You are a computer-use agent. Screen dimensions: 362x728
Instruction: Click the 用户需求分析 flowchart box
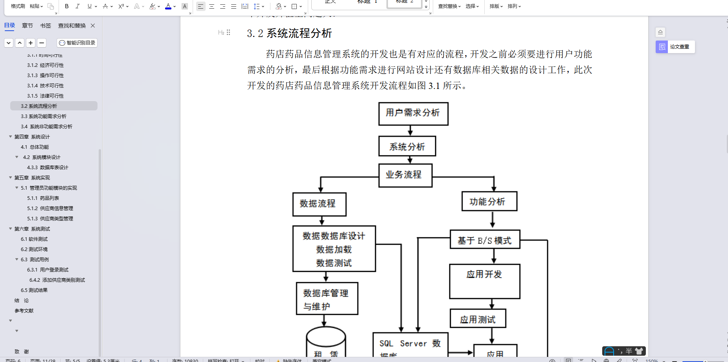pyautogui.click(x=413, y=114)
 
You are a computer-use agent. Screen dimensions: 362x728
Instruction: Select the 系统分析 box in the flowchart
pyautogui.click(x=407, y=146)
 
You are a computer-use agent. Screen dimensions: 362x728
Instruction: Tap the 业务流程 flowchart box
pyautogui.click(x=405, y=175)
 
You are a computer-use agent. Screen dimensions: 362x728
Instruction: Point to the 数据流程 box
pyautogui.click(x=319, y=204)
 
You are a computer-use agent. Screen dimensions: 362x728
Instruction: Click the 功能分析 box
pyautogui.click(x=489, y=201)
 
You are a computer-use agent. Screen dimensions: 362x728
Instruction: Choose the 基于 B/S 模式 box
pyautogui.click(x=485, y=240)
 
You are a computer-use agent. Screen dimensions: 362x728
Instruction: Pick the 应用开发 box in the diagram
pyautogui.click(x=485, y=281)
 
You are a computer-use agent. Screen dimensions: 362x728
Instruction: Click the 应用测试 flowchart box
pyautogui.click(x=478, y=319)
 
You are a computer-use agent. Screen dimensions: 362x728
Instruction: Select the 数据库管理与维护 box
pyautogui.click(x=327, y=299)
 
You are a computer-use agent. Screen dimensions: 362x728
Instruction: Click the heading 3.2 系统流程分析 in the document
pyautogui.click(x=289, y=33)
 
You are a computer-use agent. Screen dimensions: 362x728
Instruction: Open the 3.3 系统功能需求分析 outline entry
pyautogui.click(x=44, y=116)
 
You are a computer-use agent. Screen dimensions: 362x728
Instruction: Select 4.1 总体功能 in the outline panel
pyautogui.click(x=35, y=147)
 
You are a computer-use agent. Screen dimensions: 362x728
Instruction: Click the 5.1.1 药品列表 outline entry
pyautogui.click(x=43, y=198)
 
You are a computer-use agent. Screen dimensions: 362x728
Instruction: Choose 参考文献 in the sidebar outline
pyautogui.click(x=24, y=311)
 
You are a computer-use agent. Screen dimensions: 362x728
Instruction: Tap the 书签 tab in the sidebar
pyautogui.click(x=46, y=26)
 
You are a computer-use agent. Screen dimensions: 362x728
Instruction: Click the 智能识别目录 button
pyautogui.click(x=77, y=43)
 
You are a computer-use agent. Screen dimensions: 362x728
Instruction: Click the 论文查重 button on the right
pyautogui.click(x=675, y=47)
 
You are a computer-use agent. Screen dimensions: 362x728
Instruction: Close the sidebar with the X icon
pyautogui.click(x=93, y=26)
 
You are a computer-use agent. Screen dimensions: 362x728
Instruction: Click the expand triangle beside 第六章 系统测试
pyautogui.click(x=11, y=229)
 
